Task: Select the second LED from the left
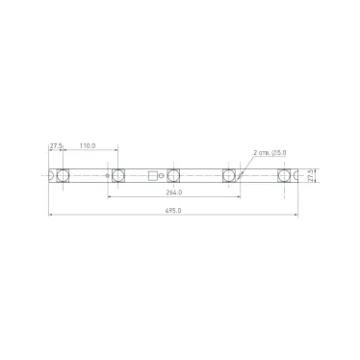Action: [x=118, y=176]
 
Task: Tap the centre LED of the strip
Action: [x=174, y=176]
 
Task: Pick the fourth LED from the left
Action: [x=230, y=176]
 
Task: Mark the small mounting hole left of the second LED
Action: [x=107, y=176]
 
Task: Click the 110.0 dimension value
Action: [x=88, y=145]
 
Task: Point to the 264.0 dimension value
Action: [x=174, y=193]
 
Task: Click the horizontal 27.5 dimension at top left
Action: [x=55, y=145]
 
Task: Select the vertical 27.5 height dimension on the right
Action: [x=312, y=176]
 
